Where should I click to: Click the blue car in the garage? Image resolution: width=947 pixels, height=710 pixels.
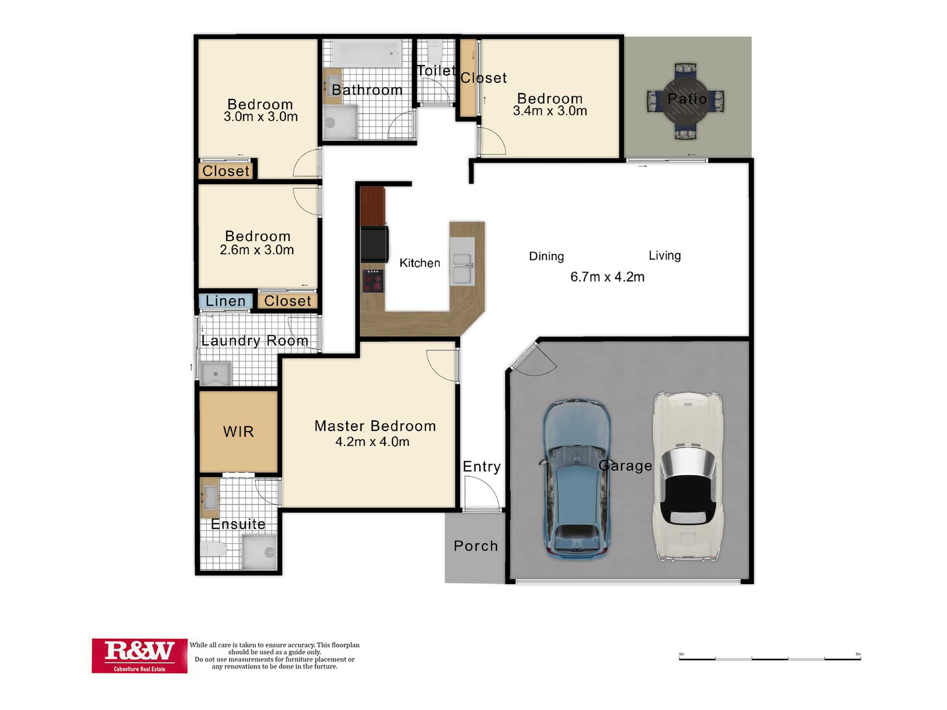[576, 479]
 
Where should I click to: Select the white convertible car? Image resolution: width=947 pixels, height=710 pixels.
[688, 477]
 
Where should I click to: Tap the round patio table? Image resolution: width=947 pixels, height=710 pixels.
[686, 100]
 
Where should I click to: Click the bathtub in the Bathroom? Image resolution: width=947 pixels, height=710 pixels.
[366, 53]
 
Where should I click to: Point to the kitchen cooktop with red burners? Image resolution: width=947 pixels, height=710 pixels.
[373, 281]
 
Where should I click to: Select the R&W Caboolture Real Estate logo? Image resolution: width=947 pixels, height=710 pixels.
[139, 656]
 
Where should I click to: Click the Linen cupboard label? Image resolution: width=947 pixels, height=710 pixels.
[225, 301]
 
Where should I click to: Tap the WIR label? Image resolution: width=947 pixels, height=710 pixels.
[239, 432]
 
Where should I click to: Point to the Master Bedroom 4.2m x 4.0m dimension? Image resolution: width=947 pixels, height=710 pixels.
[372, 442]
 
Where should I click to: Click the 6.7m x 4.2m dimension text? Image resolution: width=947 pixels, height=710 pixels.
[608, 277]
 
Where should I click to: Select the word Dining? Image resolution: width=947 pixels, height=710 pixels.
[546, 257]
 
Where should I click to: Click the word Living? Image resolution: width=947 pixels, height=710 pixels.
[665, 256]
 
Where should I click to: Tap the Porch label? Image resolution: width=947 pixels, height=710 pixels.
[476, 546]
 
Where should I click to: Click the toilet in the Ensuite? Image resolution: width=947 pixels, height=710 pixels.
[214, 549]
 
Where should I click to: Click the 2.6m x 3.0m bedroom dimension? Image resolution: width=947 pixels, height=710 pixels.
[257, 250]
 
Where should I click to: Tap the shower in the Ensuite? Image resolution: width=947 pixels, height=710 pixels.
[259, 552]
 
